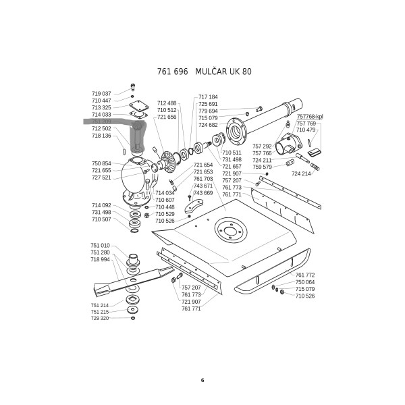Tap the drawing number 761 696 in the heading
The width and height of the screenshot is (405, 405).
point(171,72)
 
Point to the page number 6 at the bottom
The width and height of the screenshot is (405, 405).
point(202,380)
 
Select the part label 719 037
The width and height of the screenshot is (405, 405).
point(101,93)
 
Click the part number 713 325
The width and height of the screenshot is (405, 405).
point(101,107)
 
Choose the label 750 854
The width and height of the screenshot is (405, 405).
point(101,164)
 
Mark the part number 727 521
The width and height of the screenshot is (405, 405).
point(101,178)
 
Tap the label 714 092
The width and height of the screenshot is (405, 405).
point(101,205)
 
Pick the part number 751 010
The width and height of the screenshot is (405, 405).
point(100,246)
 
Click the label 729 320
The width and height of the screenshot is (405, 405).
point(100,318)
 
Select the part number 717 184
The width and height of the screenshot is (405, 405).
point(208,97)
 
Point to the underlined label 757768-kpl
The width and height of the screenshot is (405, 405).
point(310,117)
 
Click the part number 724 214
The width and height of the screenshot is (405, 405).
point(301,173)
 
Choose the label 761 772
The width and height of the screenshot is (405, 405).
point(305,275)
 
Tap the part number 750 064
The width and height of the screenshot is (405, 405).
point(305,282)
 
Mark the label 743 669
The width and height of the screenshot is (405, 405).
point(203,193)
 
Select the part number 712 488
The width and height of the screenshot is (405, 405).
point(167,103)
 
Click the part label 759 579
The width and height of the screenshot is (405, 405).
point(263,167)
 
